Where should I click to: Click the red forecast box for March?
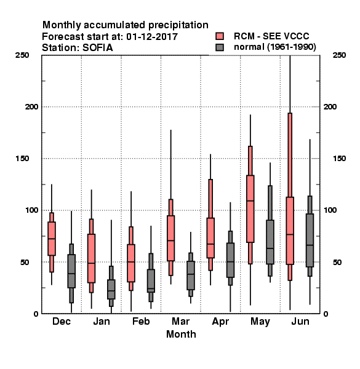tap(170, 238)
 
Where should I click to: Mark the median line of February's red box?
tap(131, 262)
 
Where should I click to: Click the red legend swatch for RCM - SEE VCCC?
tap(220, 36)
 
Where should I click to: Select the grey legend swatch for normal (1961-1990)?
tap(220, 47)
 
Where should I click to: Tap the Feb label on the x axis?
tap(141, 321)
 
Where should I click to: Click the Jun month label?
tap(300, 321)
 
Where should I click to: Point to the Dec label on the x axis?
tap(62, 321)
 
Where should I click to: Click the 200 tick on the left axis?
tap(32, 106)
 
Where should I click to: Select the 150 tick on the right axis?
tap(339, 159)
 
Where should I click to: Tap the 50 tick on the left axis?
tap(25, 262)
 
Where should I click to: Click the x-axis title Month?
tap(181, 334)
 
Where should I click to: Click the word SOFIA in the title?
tap(97, 47)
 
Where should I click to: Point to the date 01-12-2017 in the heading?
tap(152, 36)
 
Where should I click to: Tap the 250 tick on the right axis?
tap(339, 55)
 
